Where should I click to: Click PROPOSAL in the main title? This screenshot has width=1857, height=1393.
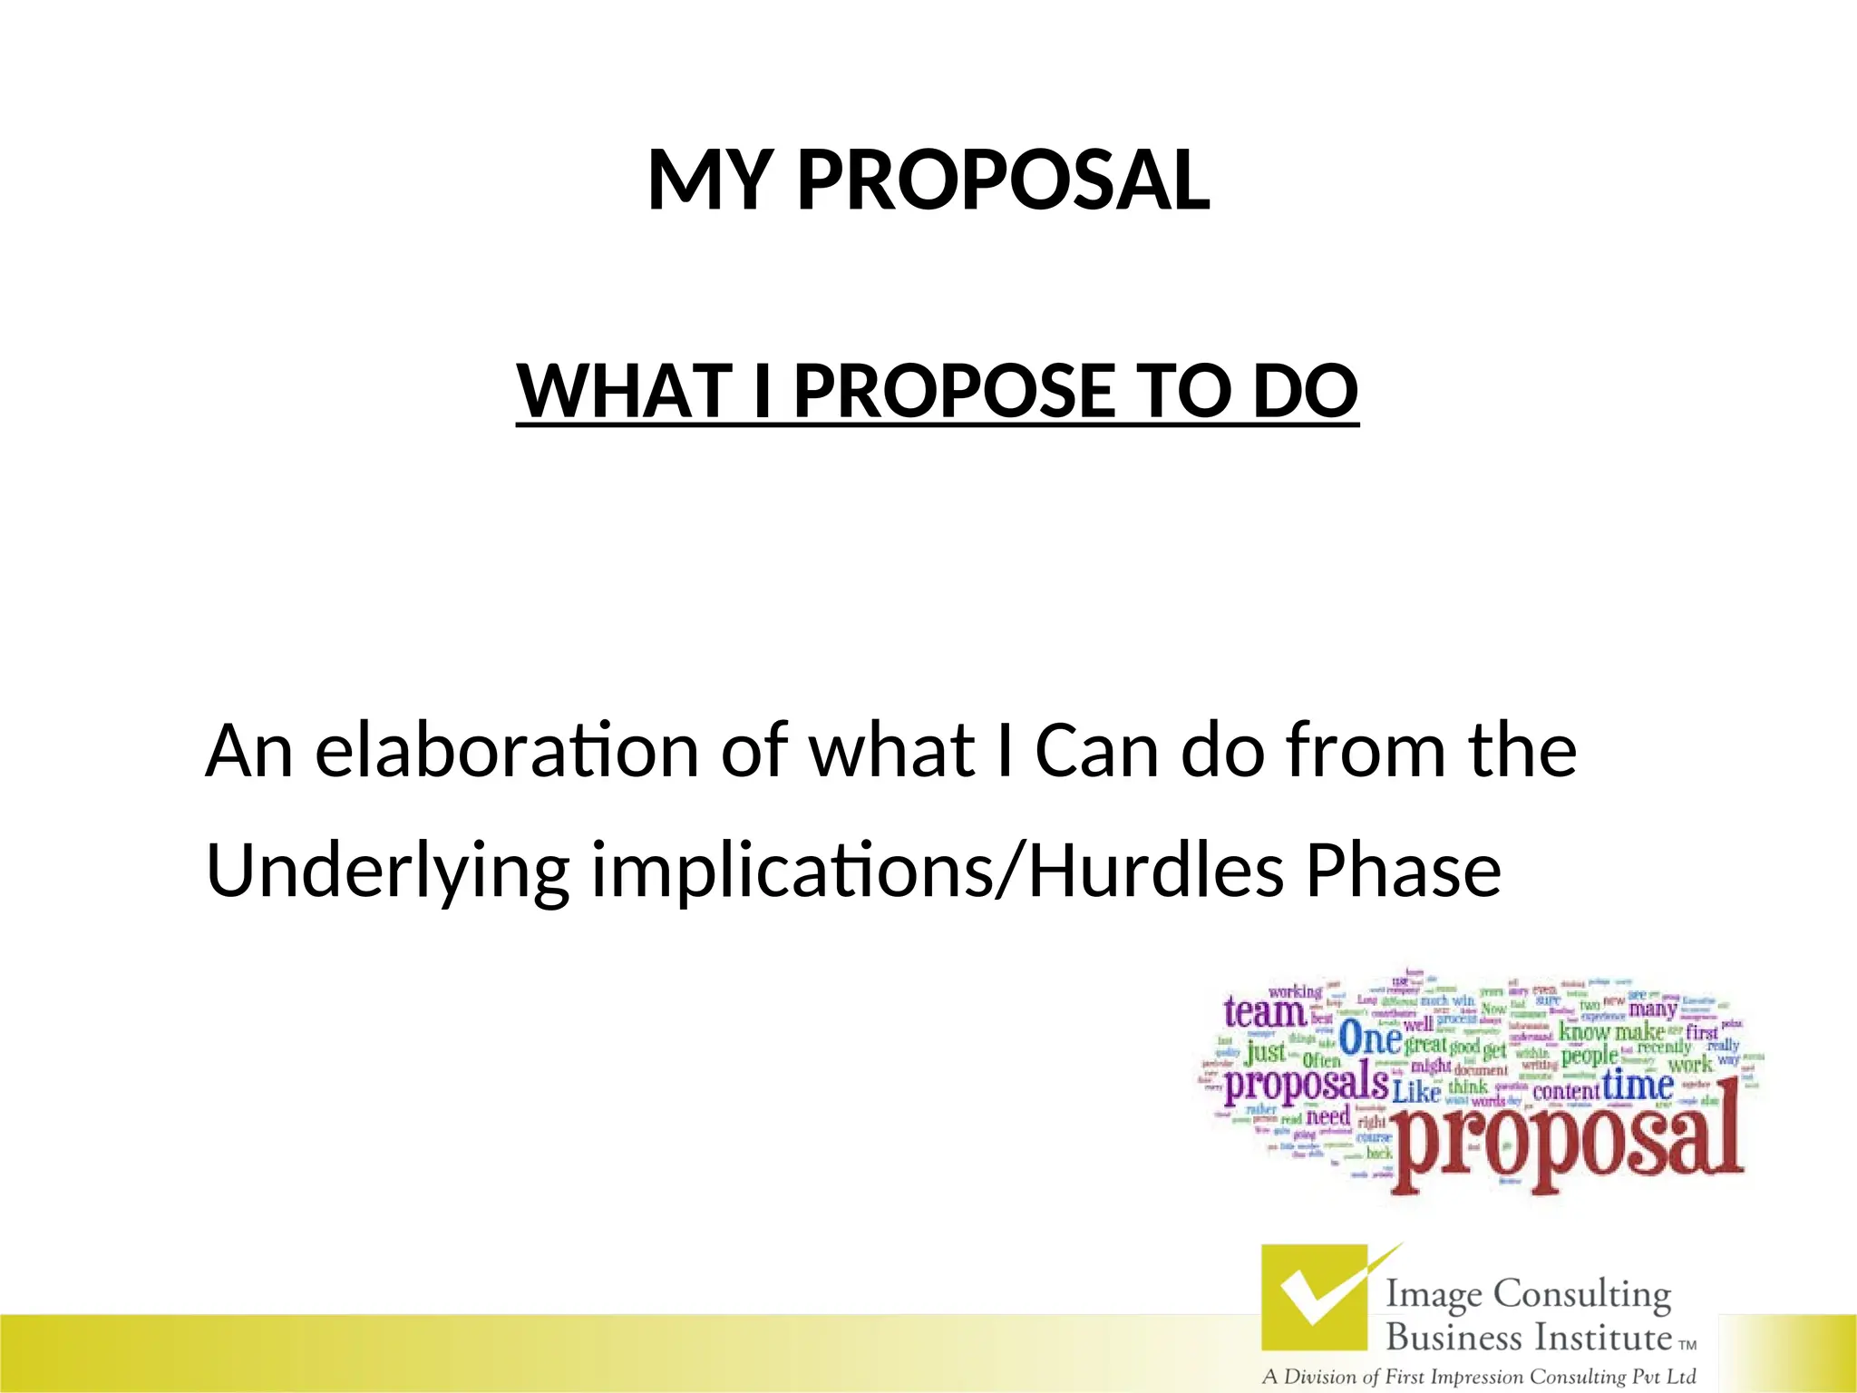pyautogui.click(x=1002, y=180)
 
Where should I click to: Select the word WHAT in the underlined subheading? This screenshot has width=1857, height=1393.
pyautogui.click(x=624, y=391)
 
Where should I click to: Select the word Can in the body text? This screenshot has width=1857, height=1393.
pyautogui.click(x=1096, y=751)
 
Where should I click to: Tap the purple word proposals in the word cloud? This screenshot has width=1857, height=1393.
pyautogui.click(x=1306, y=1083)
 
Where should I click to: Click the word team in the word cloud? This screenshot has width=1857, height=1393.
pyautogui.click(x=1264, y=1012)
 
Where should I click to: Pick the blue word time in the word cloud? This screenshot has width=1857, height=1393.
pyautogui.click(x=1638, y=1084)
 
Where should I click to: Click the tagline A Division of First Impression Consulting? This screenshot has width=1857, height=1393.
pyautogui.click(x=1478, y=1377)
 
